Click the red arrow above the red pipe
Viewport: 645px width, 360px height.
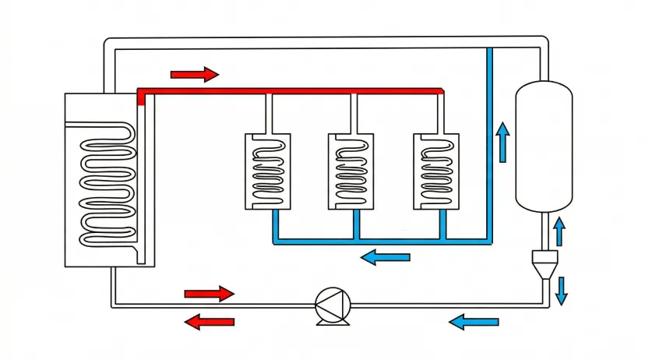[x=195, y=75]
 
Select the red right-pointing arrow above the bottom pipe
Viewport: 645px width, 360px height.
[x=209, y=294]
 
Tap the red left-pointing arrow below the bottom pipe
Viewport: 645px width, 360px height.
[x=209, y=320]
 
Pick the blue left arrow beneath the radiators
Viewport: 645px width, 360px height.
[x=386, y=256]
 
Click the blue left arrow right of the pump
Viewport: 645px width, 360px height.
[x=474, y=320]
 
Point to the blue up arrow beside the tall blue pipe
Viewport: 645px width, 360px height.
[x=502, y=141]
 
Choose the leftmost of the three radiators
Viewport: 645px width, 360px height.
[x=268, y=171]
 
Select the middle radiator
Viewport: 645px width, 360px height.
[x=351, y=171]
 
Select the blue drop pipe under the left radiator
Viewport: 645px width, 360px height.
[x=274, y=225]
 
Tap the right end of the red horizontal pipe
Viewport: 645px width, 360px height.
[x=440, y=90]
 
